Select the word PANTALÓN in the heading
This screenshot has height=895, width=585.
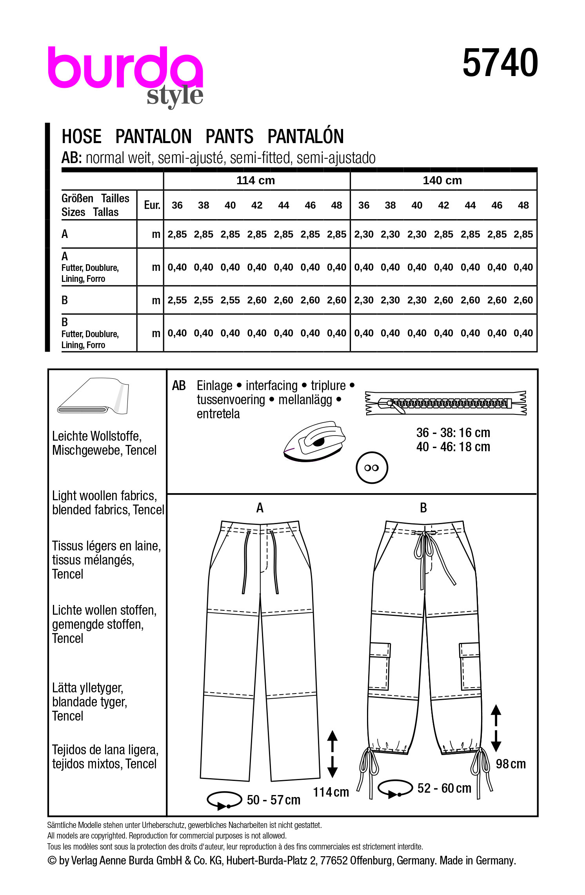point(305,136)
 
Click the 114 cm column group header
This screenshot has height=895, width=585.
point(256,180)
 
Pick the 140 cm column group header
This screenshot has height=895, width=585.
point(442,180)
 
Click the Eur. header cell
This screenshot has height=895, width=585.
point(152,205)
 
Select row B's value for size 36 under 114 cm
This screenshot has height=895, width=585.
point(177,300)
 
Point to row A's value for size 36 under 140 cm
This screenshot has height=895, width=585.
point(363,234)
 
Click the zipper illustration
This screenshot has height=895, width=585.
point(446,403)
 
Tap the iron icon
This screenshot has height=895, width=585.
point(314,441)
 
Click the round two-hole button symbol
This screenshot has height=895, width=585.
point(372,468)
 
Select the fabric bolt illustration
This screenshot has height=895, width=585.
point(93,396)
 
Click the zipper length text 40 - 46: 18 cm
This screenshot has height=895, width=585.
point(453,447)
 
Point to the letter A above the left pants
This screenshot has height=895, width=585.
point(260,508)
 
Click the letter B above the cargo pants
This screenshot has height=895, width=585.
point(423,508)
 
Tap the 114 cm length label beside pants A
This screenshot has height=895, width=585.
point(331,792)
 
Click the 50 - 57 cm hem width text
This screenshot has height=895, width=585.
point(274,800)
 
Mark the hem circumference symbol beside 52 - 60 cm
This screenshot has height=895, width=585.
point(395,788)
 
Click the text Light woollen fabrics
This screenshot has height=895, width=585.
point(104,496)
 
